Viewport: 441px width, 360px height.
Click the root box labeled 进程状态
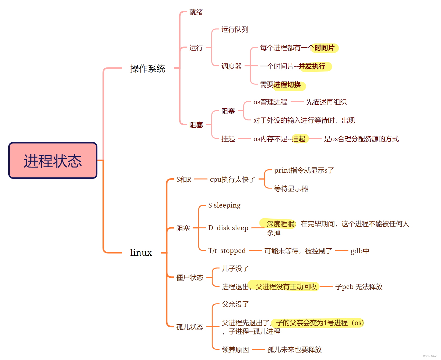coord(53,161)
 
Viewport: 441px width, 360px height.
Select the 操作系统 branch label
coord(147,69)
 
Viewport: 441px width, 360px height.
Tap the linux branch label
coord(141,253)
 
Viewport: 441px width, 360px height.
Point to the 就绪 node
coord(196,12)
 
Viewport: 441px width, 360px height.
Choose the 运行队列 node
coord(235,30)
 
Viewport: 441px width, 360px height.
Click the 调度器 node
coord(231,66)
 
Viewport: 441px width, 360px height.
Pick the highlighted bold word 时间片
coord(324,48)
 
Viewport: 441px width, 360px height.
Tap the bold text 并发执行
coord(312,66)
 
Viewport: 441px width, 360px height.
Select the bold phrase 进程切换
coord(287,85)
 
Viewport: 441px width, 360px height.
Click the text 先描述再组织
coord(326,102)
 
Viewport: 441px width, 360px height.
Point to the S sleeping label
coord(224,205)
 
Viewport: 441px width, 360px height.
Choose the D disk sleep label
coord(228,228)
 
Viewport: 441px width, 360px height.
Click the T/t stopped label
coord(227,251)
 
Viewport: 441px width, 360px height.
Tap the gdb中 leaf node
coord(360,251)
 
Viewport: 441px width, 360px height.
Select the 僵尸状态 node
coord(190,277)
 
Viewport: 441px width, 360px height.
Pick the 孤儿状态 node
coord(190,327)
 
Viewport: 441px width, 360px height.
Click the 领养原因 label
coord(235,350)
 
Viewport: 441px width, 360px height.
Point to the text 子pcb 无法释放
coord(359,287)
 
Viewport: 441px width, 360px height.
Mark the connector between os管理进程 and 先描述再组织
coord(297,102)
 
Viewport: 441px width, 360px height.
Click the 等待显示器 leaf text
coord(291,189)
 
